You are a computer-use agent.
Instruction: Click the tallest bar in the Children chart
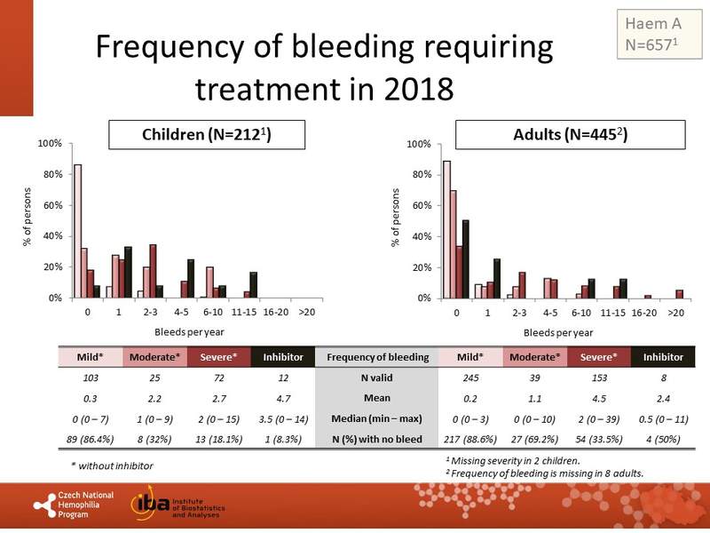(x=77, y=231)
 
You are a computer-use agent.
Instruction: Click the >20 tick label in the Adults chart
(x=676, y=313)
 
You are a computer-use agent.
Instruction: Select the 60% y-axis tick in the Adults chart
(x=419, y=205)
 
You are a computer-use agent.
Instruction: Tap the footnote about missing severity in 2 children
(x=514, y=460)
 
